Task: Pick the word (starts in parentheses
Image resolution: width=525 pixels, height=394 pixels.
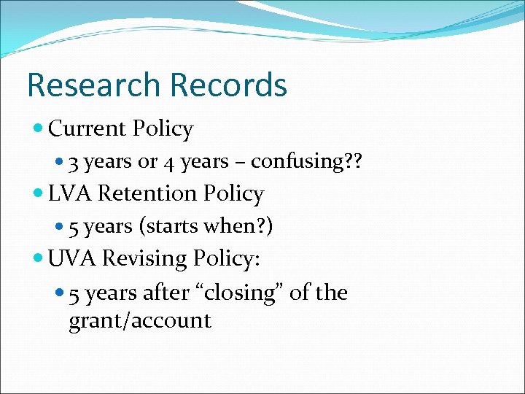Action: [x=163, y=226]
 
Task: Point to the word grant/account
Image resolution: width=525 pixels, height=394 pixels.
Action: [x=140, y=320]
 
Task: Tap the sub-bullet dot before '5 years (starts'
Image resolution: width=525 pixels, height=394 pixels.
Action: [x=60, y=227]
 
